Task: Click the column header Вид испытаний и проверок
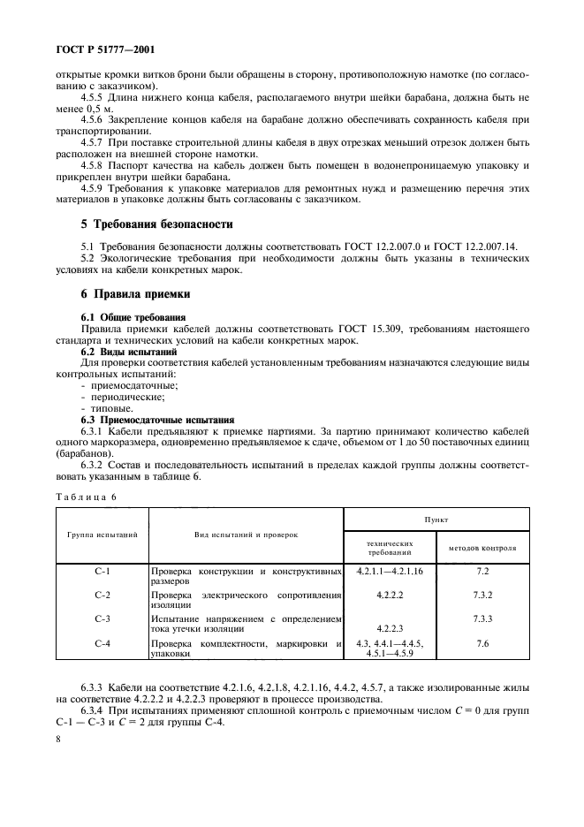[246, 535]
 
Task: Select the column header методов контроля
[482, 548]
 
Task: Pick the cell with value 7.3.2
[482, 596]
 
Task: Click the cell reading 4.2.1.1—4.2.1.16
[390, 572]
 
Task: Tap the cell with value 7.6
[482, 643]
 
